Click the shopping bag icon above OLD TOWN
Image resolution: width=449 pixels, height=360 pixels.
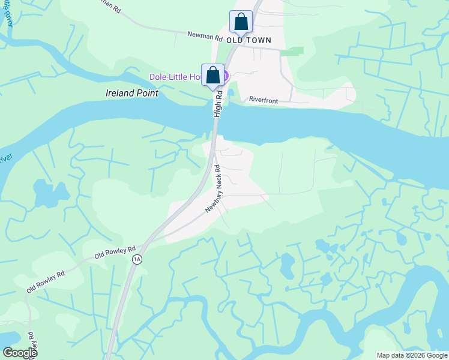point(241,22)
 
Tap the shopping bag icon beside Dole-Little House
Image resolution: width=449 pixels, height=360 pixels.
point(212,76)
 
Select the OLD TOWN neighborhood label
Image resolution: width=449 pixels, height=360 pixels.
point(249,40)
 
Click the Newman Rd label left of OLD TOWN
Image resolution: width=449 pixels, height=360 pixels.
point(205,36)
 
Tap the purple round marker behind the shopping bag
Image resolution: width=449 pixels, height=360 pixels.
point(226,76)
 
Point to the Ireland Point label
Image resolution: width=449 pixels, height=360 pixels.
point(132,93)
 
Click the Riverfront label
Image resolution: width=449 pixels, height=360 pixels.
point(264,101)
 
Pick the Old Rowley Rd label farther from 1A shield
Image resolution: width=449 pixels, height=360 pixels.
point(45,281)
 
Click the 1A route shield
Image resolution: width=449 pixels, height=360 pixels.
point(137,259)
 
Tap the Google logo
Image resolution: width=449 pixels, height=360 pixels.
point(20,353)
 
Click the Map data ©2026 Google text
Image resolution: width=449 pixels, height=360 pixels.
point(412,355)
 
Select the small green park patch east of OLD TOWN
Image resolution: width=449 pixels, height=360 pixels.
point(292,52)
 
